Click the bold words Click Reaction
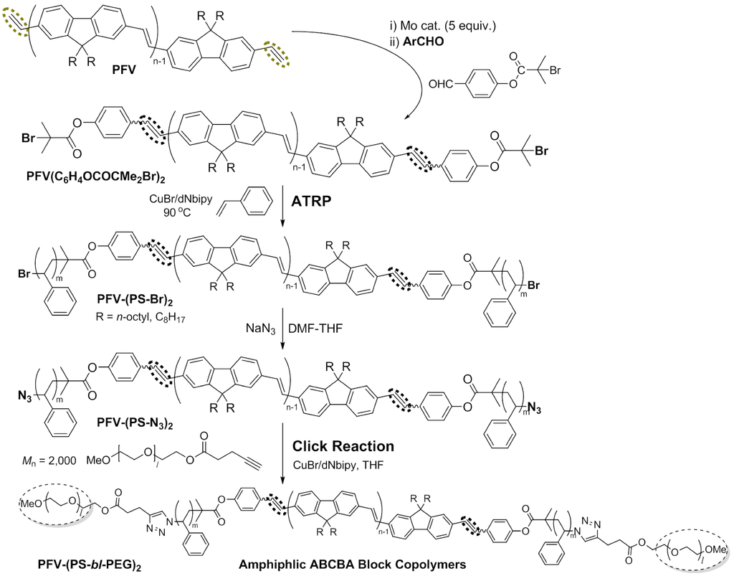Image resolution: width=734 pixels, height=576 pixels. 344,446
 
